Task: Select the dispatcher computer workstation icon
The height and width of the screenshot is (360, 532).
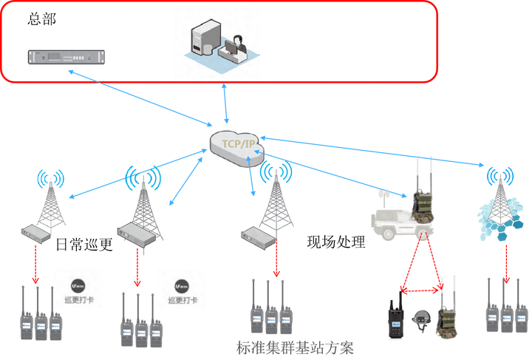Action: [216, 43]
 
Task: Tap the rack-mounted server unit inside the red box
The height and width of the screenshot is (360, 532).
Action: [66, 56]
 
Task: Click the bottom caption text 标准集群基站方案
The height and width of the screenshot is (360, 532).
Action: [296, 347]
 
